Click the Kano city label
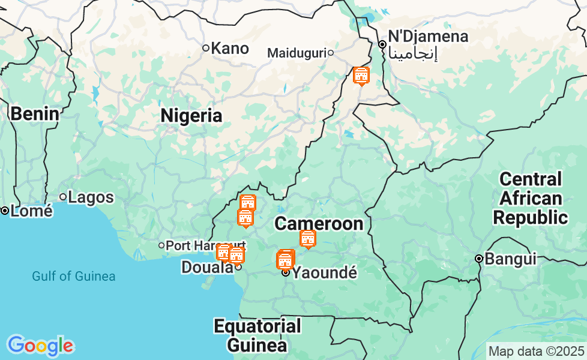230,48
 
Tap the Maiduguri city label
296,53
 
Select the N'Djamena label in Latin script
428,37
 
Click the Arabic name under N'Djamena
413,53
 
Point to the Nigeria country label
191,116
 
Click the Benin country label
35,113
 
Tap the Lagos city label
91,197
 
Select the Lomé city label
31,211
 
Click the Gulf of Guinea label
74,277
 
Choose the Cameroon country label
319,224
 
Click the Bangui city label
510,259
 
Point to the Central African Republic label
531,198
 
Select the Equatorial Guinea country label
257,336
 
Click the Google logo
40,346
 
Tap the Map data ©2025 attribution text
536,351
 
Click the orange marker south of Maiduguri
361,76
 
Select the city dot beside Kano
205,48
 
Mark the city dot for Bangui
479,259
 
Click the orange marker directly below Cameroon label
308,239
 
